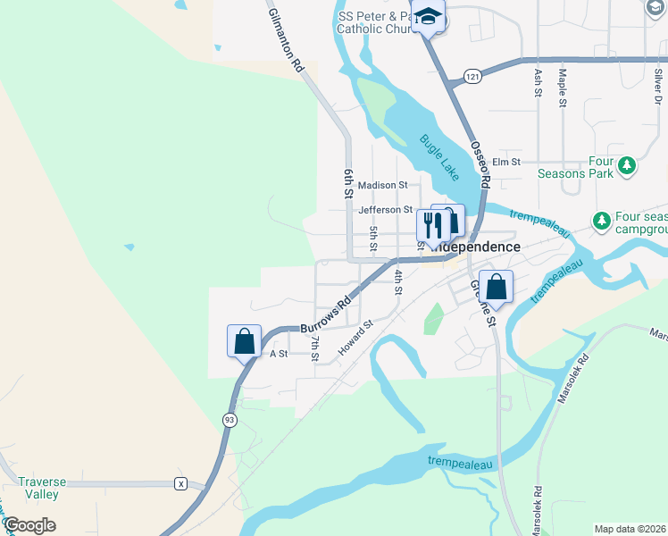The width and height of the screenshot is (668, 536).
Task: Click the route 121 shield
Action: pyautogui.click(x=472, y=78)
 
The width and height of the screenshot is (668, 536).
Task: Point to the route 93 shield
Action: pyautogui.click(x=230, y=419)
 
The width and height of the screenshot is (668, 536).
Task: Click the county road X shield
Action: pyautogui.click(x=180, y=483)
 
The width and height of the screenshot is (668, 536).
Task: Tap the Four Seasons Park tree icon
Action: pyautogui.click(x=628, y=165)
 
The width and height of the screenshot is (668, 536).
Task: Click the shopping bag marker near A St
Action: pyautogui.click(x=244, y=340)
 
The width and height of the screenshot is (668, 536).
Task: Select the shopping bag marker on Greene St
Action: pyautogui.click(x=497, y=287)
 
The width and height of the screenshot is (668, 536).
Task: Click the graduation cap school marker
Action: pyautogui.click(x=428, y=17)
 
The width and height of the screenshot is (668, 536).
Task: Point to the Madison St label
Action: pyautogui.click(x=382, y=186)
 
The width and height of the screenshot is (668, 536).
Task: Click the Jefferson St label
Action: pyautogui.click(x=385, y=211)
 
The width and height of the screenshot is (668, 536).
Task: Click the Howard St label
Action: pyautogui.click(x=355, y=339)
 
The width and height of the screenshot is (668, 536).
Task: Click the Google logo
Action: pyautogui.click(x=29, y=525)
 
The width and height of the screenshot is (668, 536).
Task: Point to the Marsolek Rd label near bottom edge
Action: pyautogui.click(x=537, y=510)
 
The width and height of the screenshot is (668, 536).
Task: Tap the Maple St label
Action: pyautogui.click(x=563, y=88)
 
